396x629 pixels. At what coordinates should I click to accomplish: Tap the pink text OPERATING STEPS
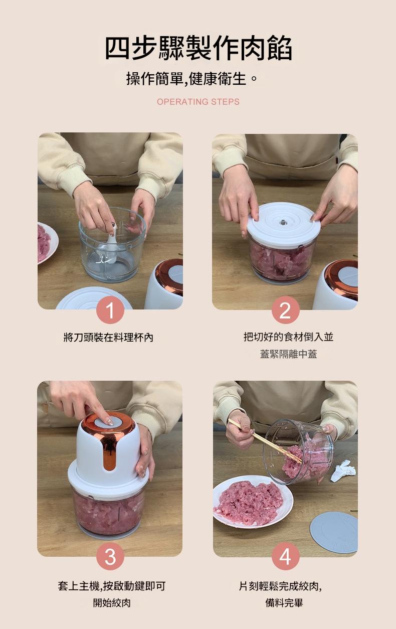[198, 102]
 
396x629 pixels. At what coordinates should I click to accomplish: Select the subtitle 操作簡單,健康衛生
[191, 78]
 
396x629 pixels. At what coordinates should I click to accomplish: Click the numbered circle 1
[110, 310]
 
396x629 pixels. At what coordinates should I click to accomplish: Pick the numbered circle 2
[285, 310]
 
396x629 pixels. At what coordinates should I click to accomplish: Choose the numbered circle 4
[285, 556]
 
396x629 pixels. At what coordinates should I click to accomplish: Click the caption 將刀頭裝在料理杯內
[109, 337]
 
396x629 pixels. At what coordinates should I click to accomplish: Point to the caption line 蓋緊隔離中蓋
[289, 354]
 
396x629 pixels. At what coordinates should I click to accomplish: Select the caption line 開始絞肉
[112, 602]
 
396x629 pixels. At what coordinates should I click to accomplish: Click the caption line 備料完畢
[284, 602]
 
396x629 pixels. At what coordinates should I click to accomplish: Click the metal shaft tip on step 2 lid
[283, 222]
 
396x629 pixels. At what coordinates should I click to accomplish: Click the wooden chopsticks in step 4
[264, 440]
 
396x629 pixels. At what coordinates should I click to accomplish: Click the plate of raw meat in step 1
[46, 243]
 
